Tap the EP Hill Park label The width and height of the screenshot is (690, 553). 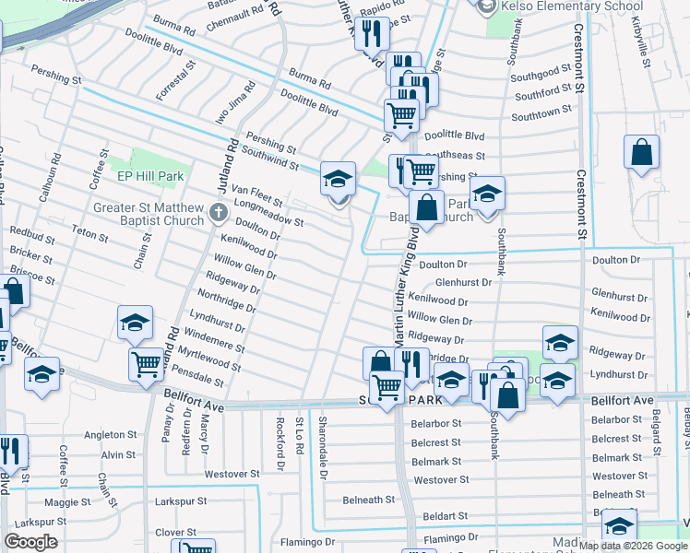click(x=150, y=176)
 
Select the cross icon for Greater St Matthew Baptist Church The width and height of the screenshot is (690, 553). click(x=218, y=214)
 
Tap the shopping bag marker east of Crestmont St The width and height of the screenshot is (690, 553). click(x=641, y=152)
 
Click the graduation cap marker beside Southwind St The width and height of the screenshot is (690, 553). click(x=339, y=178)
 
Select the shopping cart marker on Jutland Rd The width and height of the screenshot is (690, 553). click(x=146, y=365)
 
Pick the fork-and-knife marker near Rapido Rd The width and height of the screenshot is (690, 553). click(x=372, y=34)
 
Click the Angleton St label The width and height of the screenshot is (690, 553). click(x=111, y=435)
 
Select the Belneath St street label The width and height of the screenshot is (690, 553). click(x=369, y=500)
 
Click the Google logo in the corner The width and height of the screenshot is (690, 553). click(x=30, y=542)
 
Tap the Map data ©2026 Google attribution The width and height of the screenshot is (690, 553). click(x=633, y=546)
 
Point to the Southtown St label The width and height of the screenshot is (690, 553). click(x=542, y=115)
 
